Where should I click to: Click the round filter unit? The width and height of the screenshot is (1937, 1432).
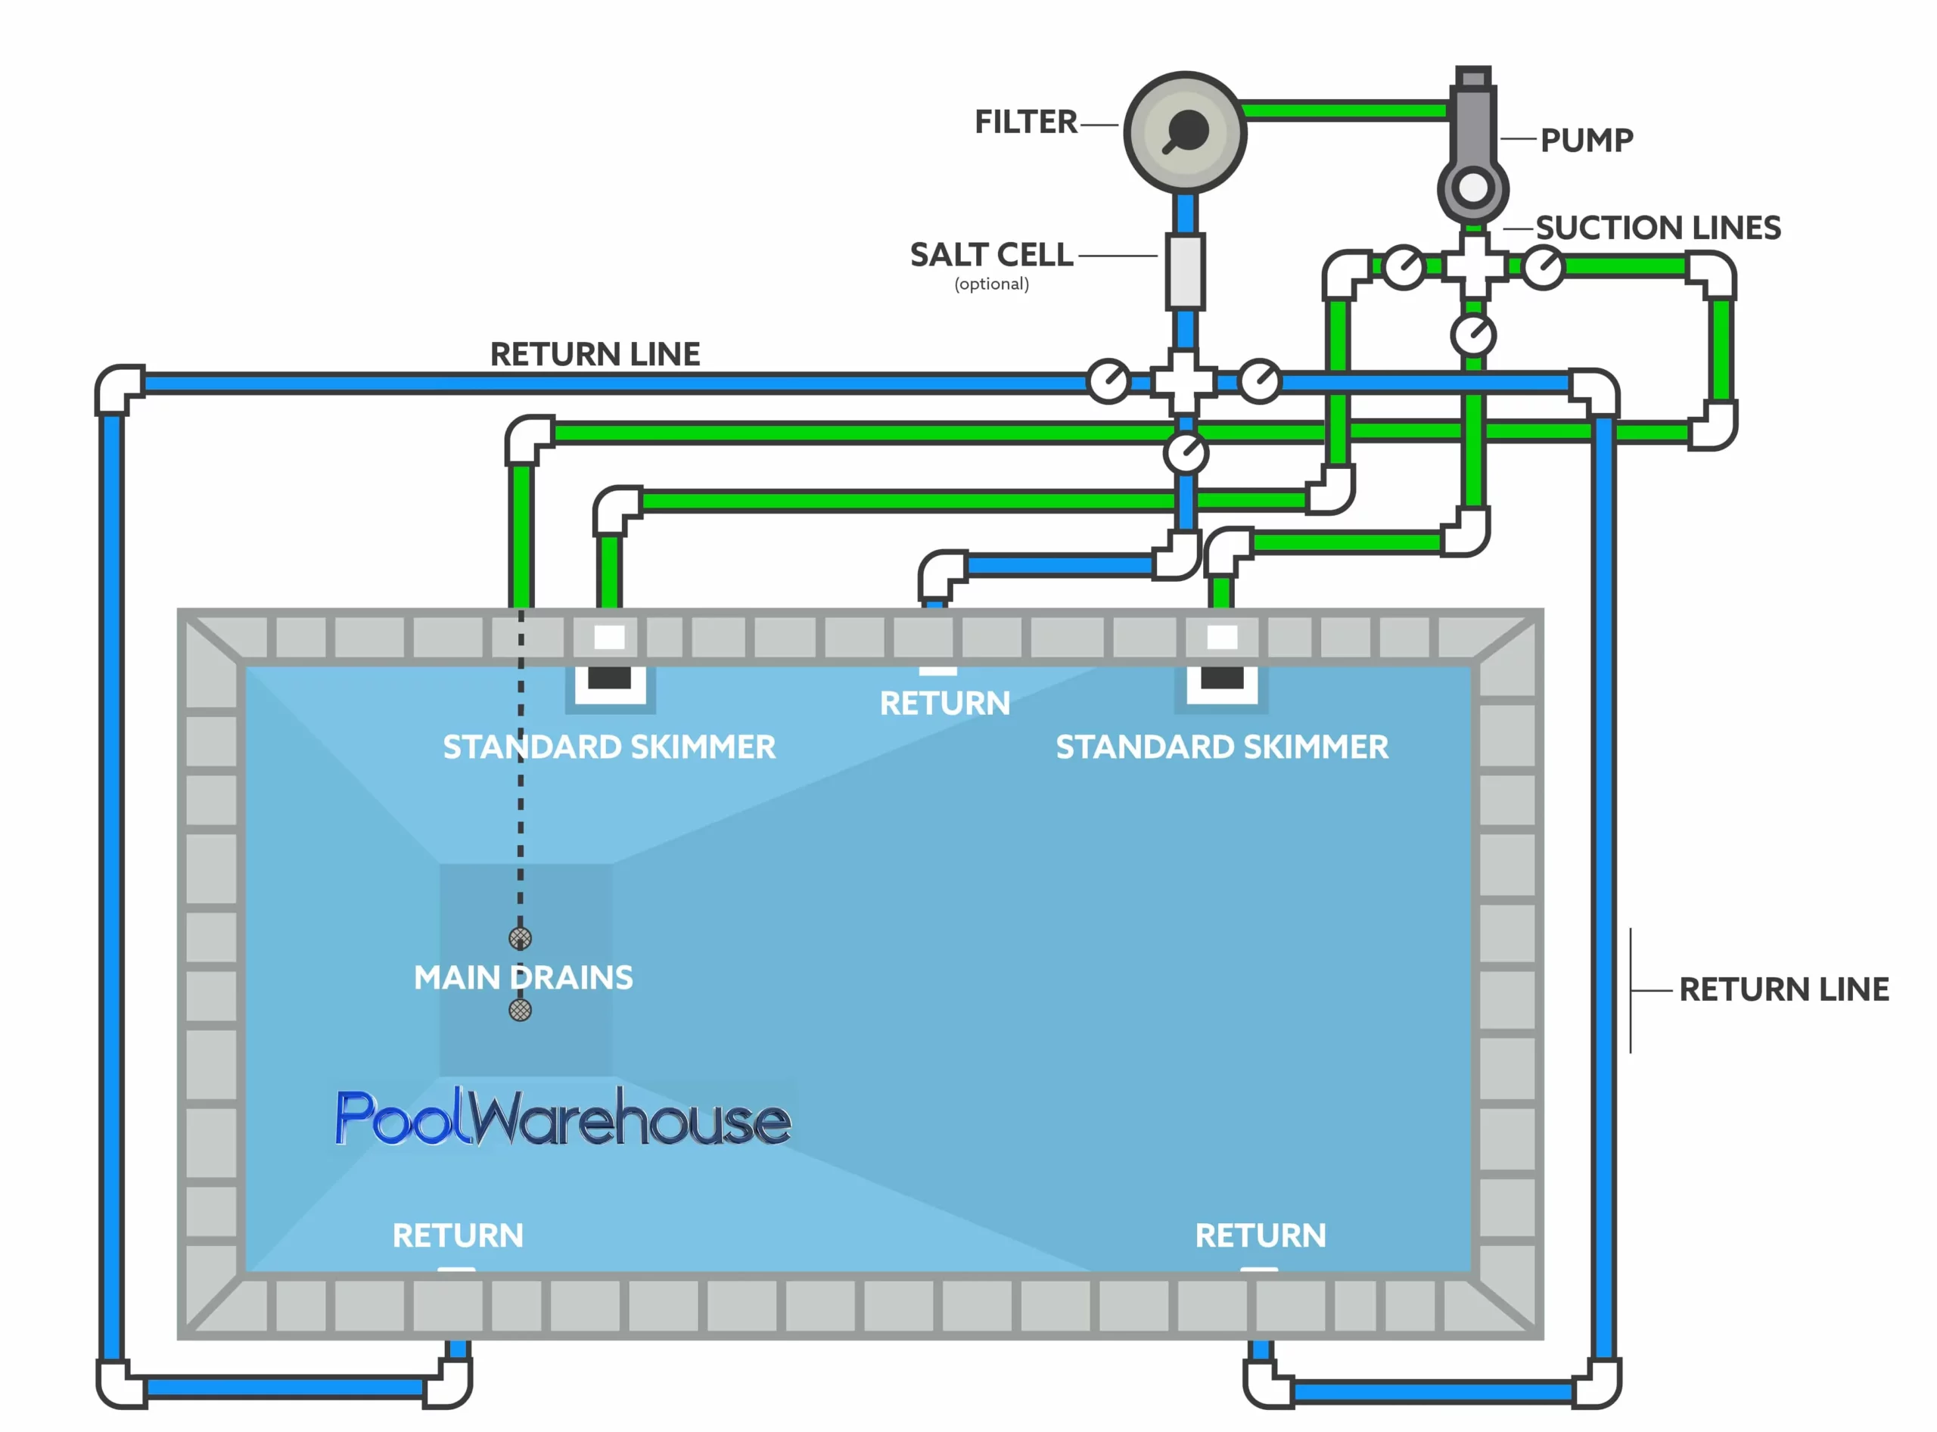(x=1184, y=132)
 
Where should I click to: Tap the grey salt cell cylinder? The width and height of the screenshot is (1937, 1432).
(x=1184, y=271)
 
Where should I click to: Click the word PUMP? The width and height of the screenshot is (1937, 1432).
(x=1586, y=141)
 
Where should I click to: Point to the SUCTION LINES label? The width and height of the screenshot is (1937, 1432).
(x=1657, y=228)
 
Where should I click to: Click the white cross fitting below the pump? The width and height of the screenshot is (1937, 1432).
(x=1473, y=266)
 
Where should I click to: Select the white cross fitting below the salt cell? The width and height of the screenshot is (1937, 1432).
(x=1184, y=381)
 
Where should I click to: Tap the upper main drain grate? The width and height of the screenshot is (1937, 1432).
(x=521, y=938)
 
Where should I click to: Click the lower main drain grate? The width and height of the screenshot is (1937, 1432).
(x=521, y=1010)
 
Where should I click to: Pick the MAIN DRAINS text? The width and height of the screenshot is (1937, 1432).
(x=523, y=978)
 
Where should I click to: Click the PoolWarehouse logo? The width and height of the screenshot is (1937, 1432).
(x=564, y=1118)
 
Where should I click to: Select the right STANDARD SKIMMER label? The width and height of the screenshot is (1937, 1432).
(x=1222, y=747)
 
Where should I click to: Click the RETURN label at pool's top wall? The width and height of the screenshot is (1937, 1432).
(x=944, y=703)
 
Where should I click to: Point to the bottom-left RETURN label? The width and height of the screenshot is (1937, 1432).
(x=458, y=1235)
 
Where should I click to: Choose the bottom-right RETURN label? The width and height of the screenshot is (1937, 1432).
(x=1260, y=1235)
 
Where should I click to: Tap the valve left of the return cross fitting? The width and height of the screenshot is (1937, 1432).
(x=1108, y=381)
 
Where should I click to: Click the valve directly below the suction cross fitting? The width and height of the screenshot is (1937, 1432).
(x=1473, y=334)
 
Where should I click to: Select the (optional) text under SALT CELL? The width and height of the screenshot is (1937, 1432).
(x=991, y=284)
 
